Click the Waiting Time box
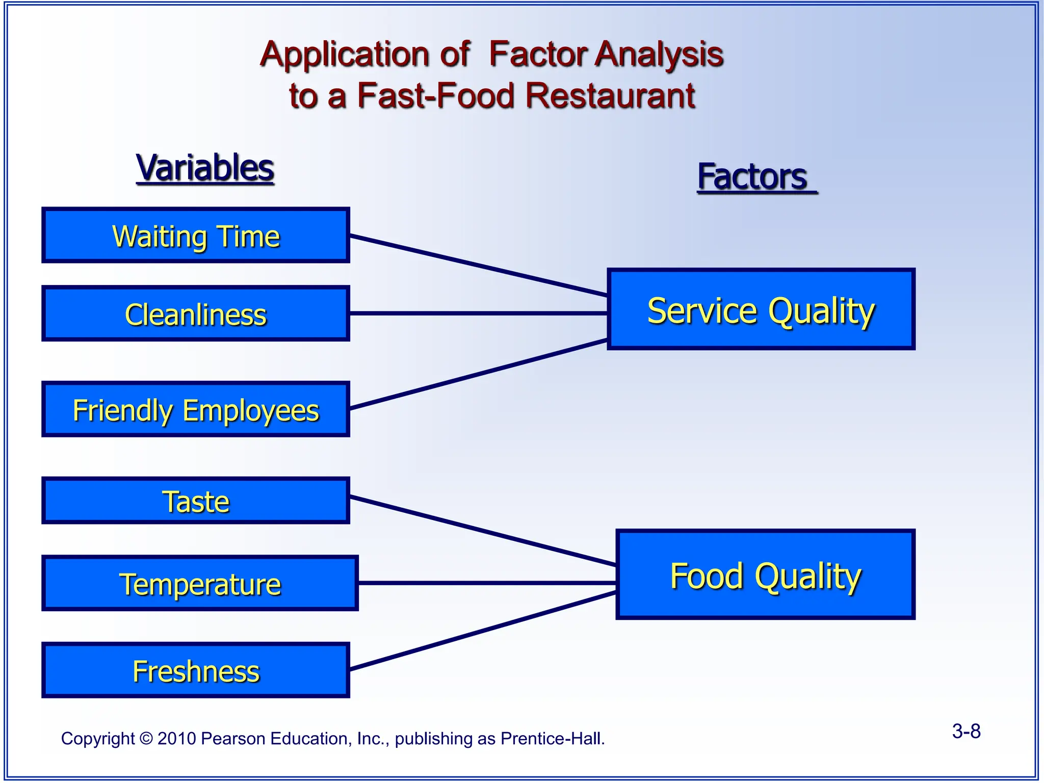pos(196,236)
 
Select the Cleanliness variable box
pos(196,314)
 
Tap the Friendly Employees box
pos(196,409)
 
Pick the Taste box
pos(196,501)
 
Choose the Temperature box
pos(200,583)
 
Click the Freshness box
pos(196,670)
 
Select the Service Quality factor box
pos(761,309)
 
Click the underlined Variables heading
pos(205,168)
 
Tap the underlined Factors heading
pos(753,177)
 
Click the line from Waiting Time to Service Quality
pos(478,266)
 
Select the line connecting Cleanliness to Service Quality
pos(478,314)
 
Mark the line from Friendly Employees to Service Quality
pos(478,374)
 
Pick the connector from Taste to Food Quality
pos(482,531)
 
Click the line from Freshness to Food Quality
pos(482,631)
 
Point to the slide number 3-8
pos(966,731)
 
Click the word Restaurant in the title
pos(610,96)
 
